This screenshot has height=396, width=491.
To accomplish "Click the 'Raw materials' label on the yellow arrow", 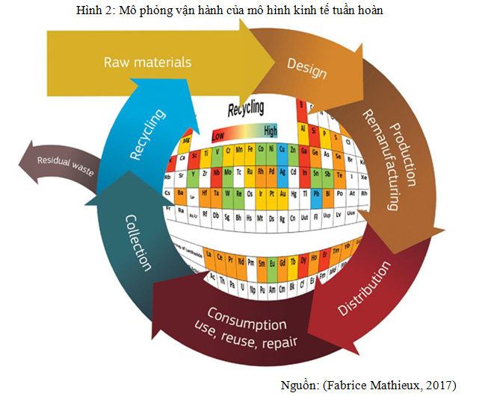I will [x=147, y=62].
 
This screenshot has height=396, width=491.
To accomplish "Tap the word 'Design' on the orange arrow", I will [x=307, y=69].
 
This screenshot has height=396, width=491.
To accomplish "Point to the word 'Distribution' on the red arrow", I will [x=364, y=288].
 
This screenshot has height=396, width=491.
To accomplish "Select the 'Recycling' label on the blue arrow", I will [x=147, y=135].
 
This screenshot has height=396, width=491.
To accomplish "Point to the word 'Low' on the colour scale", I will [x=218, y=136].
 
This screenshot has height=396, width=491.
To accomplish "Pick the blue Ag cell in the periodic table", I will [x=283, y=172].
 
